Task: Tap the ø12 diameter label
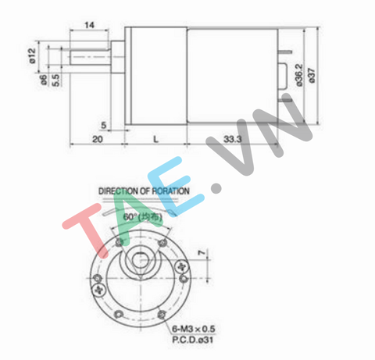click(x=30, y=55)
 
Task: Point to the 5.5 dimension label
click(x=56, y=79)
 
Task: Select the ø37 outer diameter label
click(x=312, y=75)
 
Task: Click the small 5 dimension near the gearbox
click(x=104, y=124)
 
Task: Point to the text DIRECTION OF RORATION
click(x=143, y=190)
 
